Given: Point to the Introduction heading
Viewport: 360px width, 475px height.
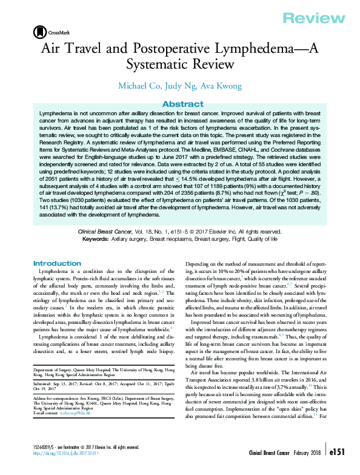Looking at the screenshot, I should pos(57,263).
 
